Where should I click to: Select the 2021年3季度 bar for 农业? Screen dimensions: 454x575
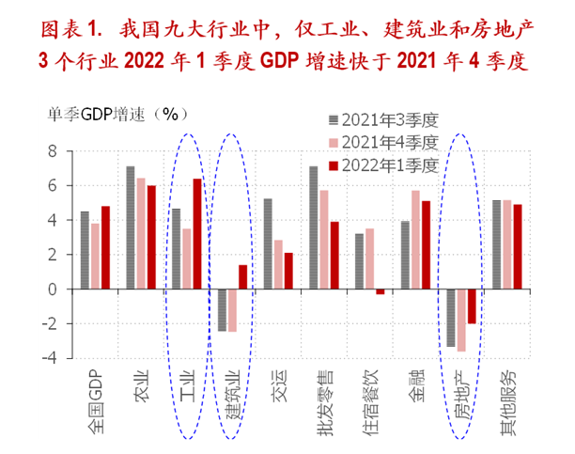click(131, 227)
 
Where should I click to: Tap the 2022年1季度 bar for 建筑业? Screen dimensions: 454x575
click(243, 277)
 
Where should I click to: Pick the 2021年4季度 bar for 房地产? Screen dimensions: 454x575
click(461, 321)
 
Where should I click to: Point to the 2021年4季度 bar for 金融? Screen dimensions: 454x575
click(415, 240)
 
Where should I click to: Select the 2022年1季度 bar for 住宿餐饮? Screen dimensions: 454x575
click(380, 292)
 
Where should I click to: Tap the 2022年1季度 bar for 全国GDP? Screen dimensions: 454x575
click(106, 247)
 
